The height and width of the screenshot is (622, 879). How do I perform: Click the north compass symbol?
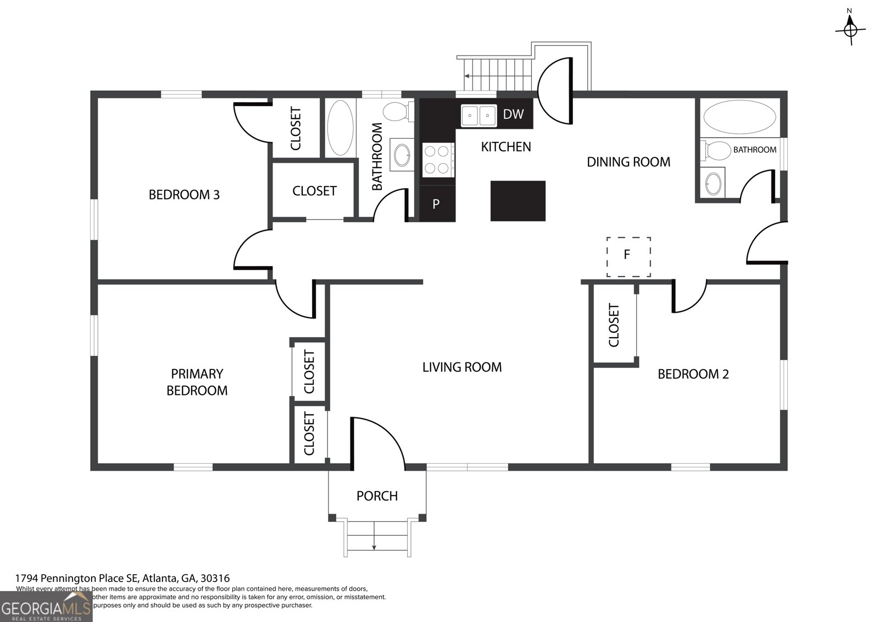point(850,27)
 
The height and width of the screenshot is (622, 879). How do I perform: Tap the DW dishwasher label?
point(513,114)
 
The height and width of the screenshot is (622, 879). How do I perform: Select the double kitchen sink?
point(479,115)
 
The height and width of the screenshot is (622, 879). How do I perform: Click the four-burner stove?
point(438,159)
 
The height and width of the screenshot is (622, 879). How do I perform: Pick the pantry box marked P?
point(436,204)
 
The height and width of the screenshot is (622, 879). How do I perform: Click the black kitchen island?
point(518,201)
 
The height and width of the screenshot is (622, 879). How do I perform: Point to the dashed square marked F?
point(628,256)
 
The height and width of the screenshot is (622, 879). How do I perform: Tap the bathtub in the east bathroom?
point(739,117)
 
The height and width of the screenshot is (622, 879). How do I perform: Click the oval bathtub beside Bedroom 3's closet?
point(340,127)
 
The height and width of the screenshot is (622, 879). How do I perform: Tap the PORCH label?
point(377,496)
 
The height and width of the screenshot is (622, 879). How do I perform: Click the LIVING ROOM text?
point(461,367)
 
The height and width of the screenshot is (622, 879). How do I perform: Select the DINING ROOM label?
point(628,162)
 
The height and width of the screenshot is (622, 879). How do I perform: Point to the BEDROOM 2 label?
point(693,375)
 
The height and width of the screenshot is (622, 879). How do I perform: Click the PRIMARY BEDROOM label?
point(197,382)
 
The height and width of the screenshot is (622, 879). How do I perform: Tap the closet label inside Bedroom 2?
point(614,325)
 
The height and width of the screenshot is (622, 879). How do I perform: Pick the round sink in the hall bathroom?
point(402,155)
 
